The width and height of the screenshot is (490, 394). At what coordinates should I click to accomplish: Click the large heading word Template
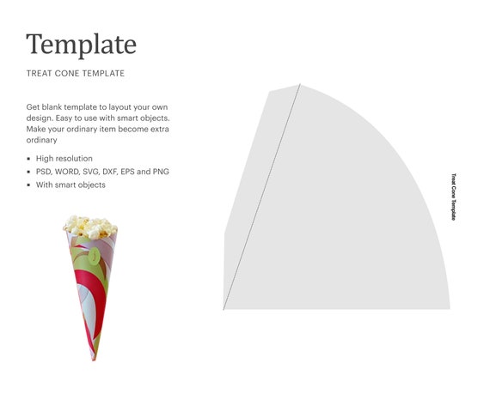coord(81,44)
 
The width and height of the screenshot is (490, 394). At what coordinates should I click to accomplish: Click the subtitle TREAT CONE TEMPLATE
coord(76,73)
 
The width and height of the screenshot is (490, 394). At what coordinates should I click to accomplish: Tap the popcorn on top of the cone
coord(89,226)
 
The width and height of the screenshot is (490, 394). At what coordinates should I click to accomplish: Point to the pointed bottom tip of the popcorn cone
coord(88,360)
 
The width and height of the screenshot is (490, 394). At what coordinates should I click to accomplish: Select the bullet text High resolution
coord(64,159)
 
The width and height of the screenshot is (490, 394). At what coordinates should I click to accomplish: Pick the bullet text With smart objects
coord(70,185)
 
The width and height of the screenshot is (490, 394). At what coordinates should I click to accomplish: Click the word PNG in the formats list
coord(161,172)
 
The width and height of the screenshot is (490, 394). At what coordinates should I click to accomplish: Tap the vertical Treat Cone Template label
coord(454,197)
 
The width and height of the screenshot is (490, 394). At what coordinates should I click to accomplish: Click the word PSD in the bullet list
coord(45,172)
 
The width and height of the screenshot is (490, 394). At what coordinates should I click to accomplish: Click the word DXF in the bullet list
coord(116,172)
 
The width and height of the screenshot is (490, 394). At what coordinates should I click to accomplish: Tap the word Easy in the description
coord(102,118)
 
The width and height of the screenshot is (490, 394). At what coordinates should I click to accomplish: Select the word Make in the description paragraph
coord(37,129)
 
